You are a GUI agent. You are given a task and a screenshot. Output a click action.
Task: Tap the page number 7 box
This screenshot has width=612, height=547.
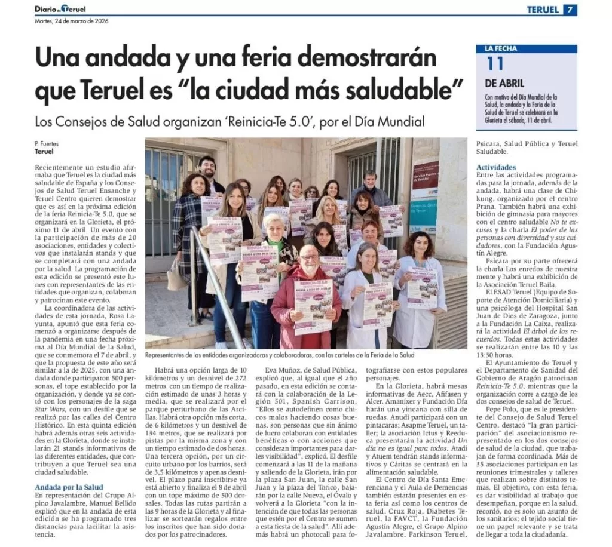[571, 10]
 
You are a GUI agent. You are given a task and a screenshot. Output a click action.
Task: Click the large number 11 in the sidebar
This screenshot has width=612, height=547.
[495, 64]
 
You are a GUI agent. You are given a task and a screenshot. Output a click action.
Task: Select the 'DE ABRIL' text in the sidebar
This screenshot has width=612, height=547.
[504, 84]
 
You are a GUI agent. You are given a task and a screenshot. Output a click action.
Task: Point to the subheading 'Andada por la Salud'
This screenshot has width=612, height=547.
[69, 487]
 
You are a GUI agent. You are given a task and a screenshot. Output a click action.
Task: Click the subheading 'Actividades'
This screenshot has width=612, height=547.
[496, 167]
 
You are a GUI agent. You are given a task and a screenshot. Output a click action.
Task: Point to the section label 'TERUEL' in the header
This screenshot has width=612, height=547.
[543, 10]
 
